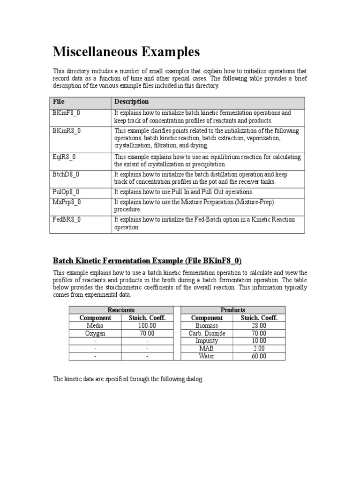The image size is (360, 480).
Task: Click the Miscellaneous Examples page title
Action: [126, 51]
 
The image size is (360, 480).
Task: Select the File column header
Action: [59, 101]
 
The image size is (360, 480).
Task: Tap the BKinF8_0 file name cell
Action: [67, 113]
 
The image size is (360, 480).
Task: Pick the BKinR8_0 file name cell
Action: [67, 131]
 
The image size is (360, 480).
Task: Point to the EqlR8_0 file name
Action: [65, 157]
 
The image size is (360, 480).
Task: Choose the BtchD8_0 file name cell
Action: [66, 174]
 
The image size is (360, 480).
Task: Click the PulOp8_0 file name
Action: [66, 192]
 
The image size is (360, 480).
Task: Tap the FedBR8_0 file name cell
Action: [67, 219]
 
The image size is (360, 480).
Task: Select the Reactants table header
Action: [121, 310]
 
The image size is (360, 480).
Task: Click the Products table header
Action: [232, 310]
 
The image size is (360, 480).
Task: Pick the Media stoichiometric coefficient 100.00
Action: [147, 325]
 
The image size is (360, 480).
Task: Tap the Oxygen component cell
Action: [95, 333]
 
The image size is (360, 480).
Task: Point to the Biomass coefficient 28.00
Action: [259, 325]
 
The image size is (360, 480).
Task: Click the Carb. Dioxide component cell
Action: [207, 333]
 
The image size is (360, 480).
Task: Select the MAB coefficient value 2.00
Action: [259, 348]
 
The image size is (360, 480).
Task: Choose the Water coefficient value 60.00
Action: [259, 356]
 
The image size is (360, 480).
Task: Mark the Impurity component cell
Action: [207, 341]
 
